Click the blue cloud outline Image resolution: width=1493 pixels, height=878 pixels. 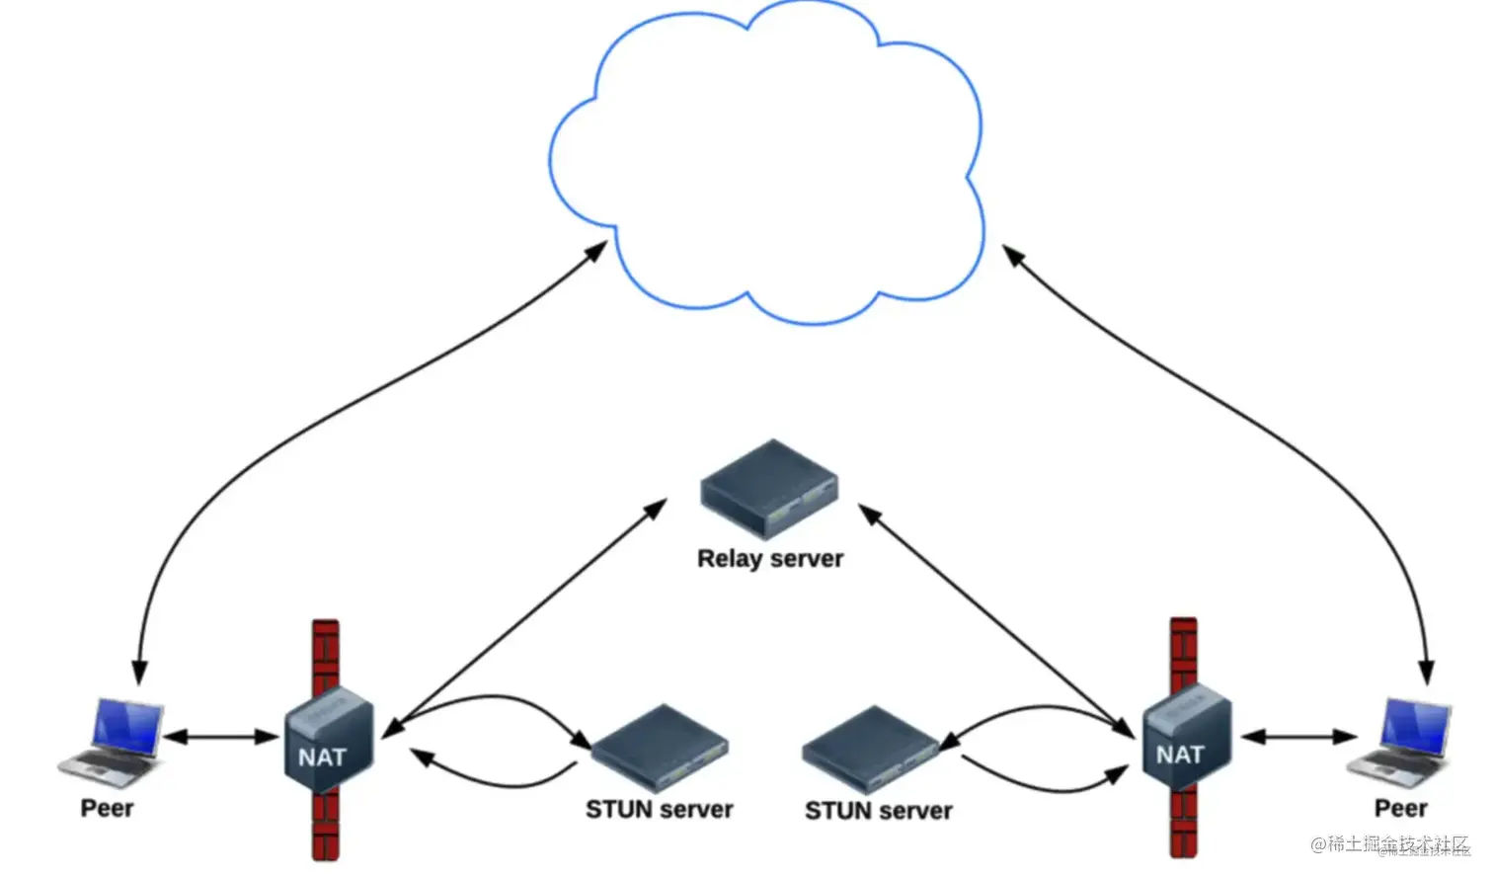point(766,158)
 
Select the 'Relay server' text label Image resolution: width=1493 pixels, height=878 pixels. point(770,559)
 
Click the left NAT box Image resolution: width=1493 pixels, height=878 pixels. point(328,741)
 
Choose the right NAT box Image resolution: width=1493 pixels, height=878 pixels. point(1186,739)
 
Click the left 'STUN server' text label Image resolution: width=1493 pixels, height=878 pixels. point(659,810)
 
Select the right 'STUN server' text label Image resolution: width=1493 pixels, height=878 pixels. point(878,811)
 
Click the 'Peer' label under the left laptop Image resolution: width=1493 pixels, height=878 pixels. point(107,808)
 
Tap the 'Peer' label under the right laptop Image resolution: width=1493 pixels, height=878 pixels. point(1400,808)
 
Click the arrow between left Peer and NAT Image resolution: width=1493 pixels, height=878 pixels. point(221,737)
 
